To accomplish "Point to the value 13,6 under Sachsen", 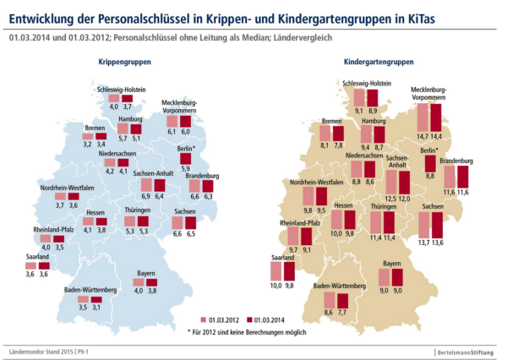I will pyautogui.click(x=438, y=243).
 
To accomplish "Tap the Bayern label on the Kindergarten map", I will pyautogui.click(x=391, y=264).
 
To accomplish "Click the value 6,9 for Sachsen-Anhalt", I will pyautogui.click(x=145, y=197).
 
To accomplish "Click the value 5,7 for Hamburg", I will pyautogui.click(x=123, y=138).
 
